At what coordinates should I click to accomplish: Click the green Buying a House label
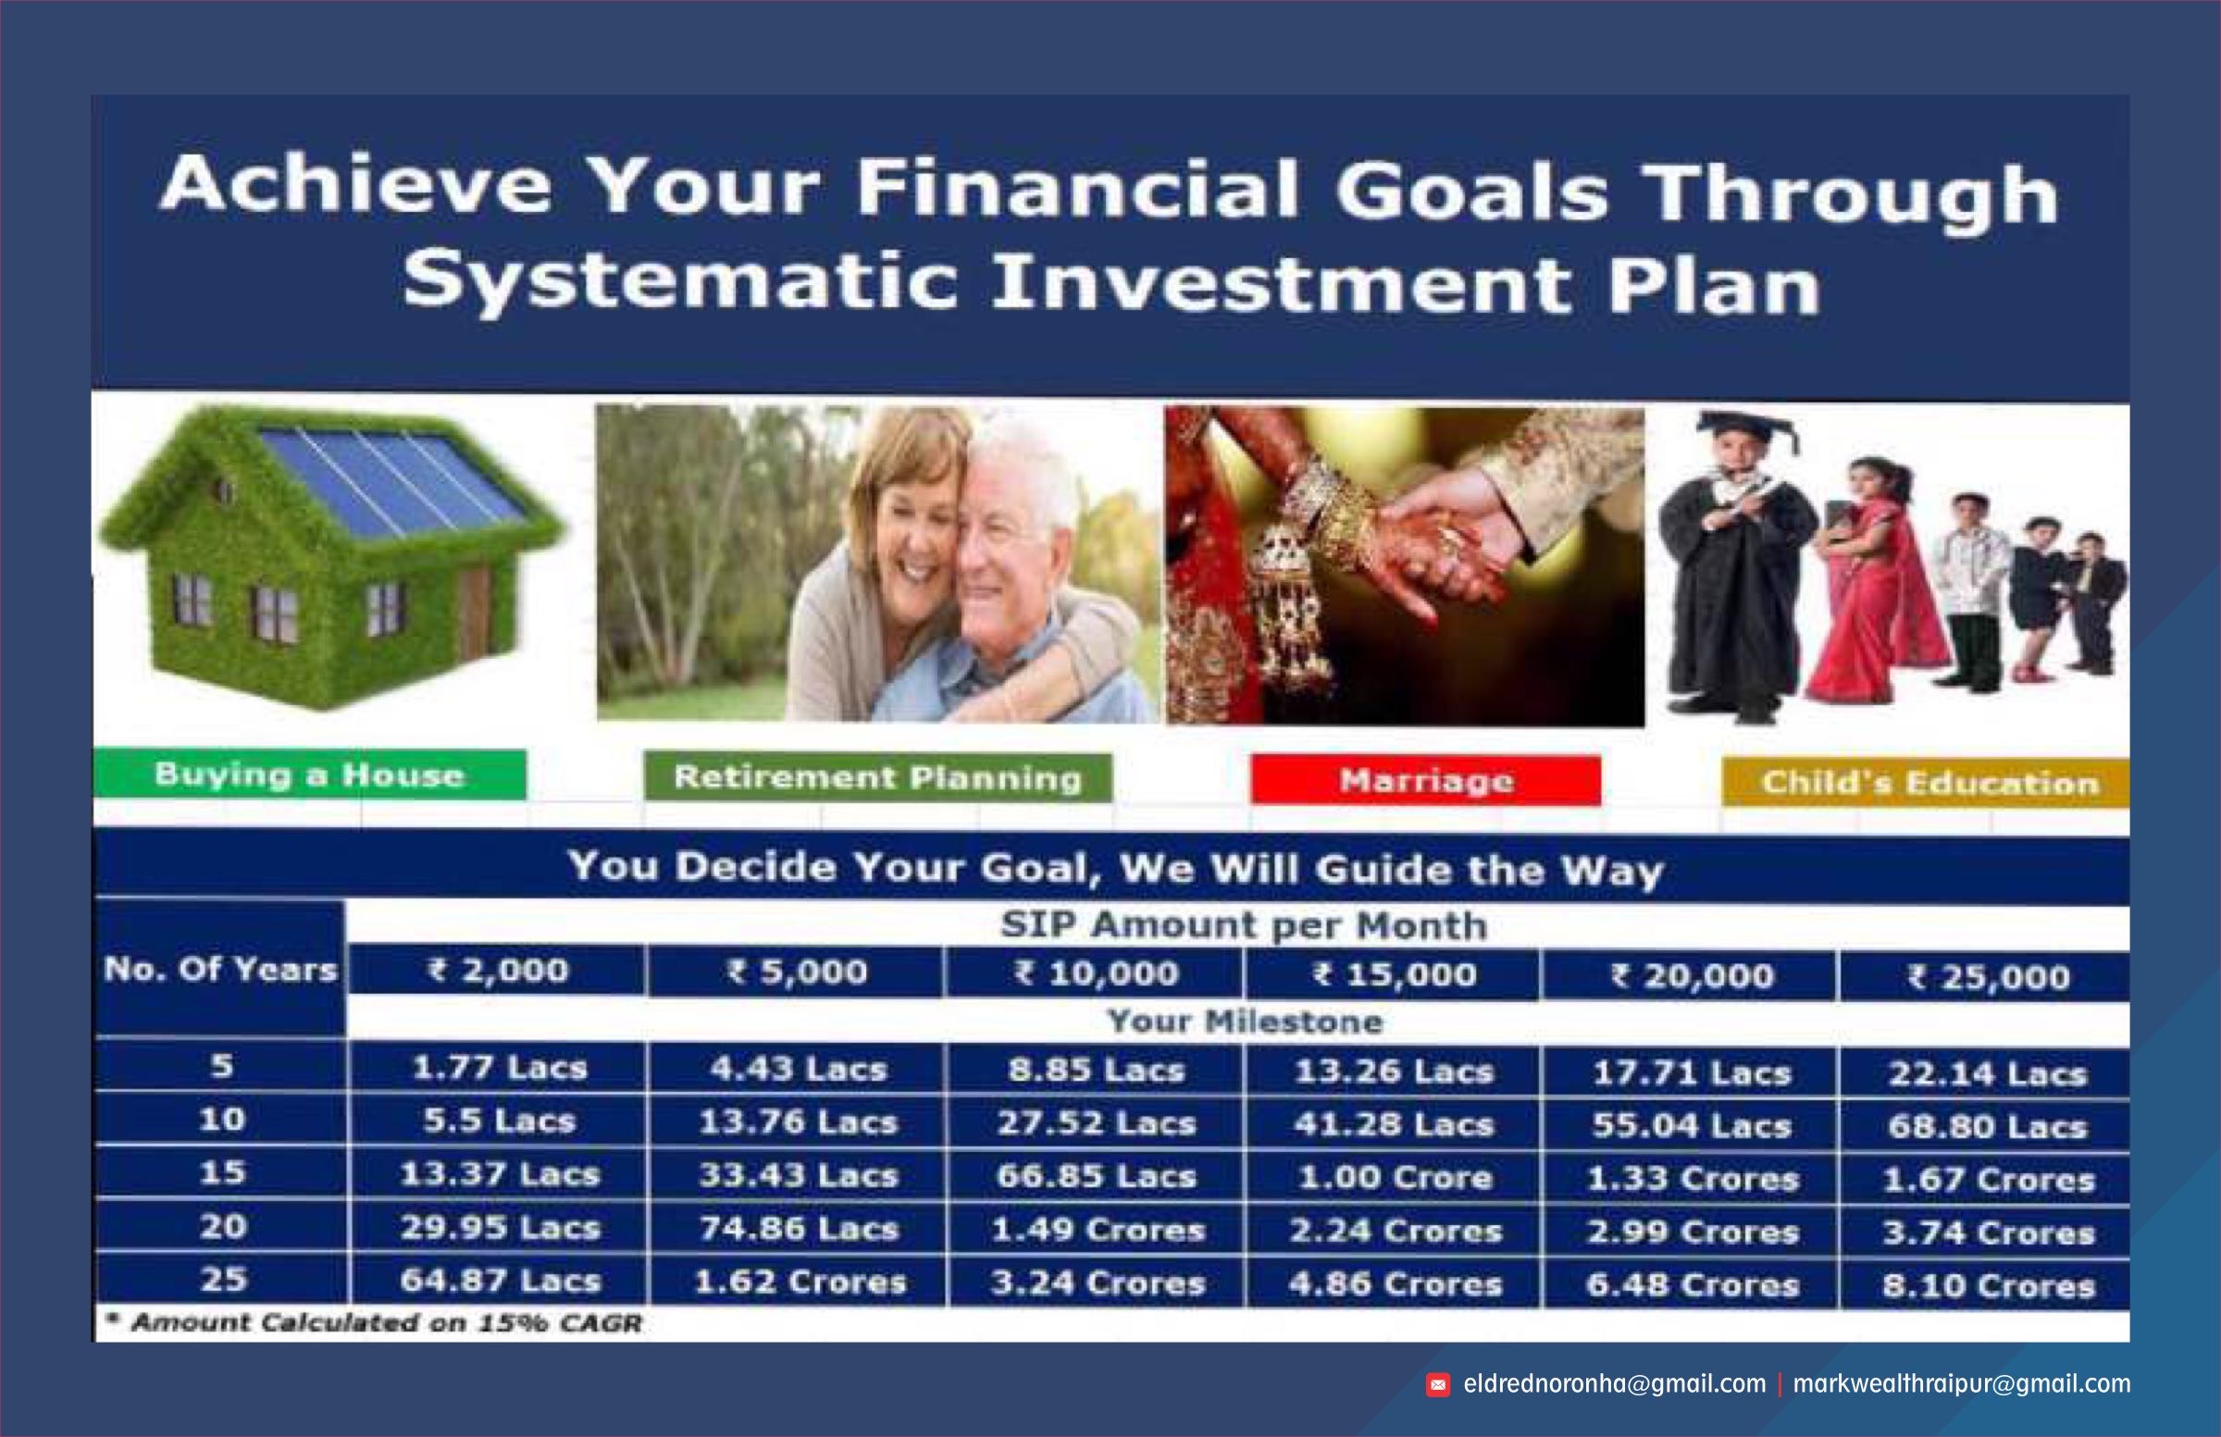pyautogui.click(x=309, y=775)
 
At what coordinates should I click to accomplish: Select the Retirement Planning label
pyautogui.click(x=877, y=778)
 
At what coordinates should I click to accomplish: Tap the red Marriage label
pyautogui.click(x=1426, y=781)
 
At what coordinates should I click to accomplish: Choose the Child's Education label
pyautogui.click(x=1926, y=783)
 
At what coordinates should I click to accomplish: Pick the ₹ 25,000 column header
pyautogui.click(x=1985, y=977)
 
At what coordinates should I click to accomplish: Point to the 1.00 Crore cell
pyautogui.click(x=1394, y=1178)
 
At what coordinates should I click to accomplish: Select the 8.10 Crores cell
pyautogui.click(x=1987, y=1286)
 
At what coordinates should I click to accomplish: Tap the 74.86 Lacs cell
pyautogui.click(x=797, y=1229)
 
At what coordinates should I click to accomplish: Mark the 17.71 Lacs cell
pyautogui.click(x=1690, y=1073)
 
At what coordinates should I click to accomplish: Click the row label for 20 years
pyautogui.click(x=222, y=1226)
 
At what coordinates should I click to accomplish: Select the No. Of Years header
pyautogui.click(x=220, y=970)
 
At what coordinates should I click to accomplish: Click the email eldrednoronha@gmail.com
pyautogui.click(x=1615, y=1384)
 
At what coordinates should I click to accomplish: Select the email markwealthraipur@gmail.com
pyautogui.click(x=1962, y=1384)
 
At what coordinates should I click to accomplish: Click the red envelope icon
pyautogui.click(x=1438, y=1386)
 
